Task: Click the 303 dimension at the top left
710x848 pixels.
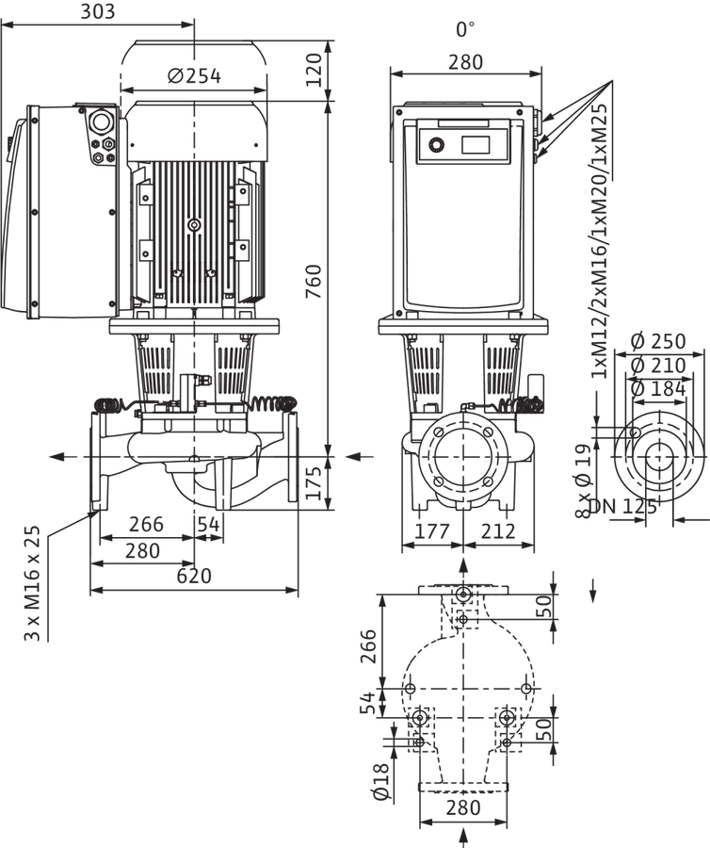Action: coord(98,11)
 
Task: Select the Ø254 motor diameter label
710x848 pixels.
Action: coord(194,76)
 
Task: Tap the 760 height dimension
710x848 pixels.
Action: coord(314,281)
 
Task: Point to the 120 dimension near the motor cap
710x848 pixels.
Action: coord(314,70)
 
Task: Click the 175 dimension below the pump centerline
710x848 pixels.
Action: coord(314,483)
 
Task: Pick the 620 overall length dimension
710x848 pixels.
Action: coord(194,576)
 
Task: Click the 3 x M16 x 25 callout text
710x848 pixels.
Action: coord(32,583)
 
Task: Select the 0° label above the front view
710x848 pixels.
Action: coord(465,29)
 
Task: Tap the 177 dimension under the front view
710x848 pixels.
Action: coord(431,531)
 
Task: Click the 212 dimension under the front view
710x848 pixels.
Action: coord(497,531)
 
